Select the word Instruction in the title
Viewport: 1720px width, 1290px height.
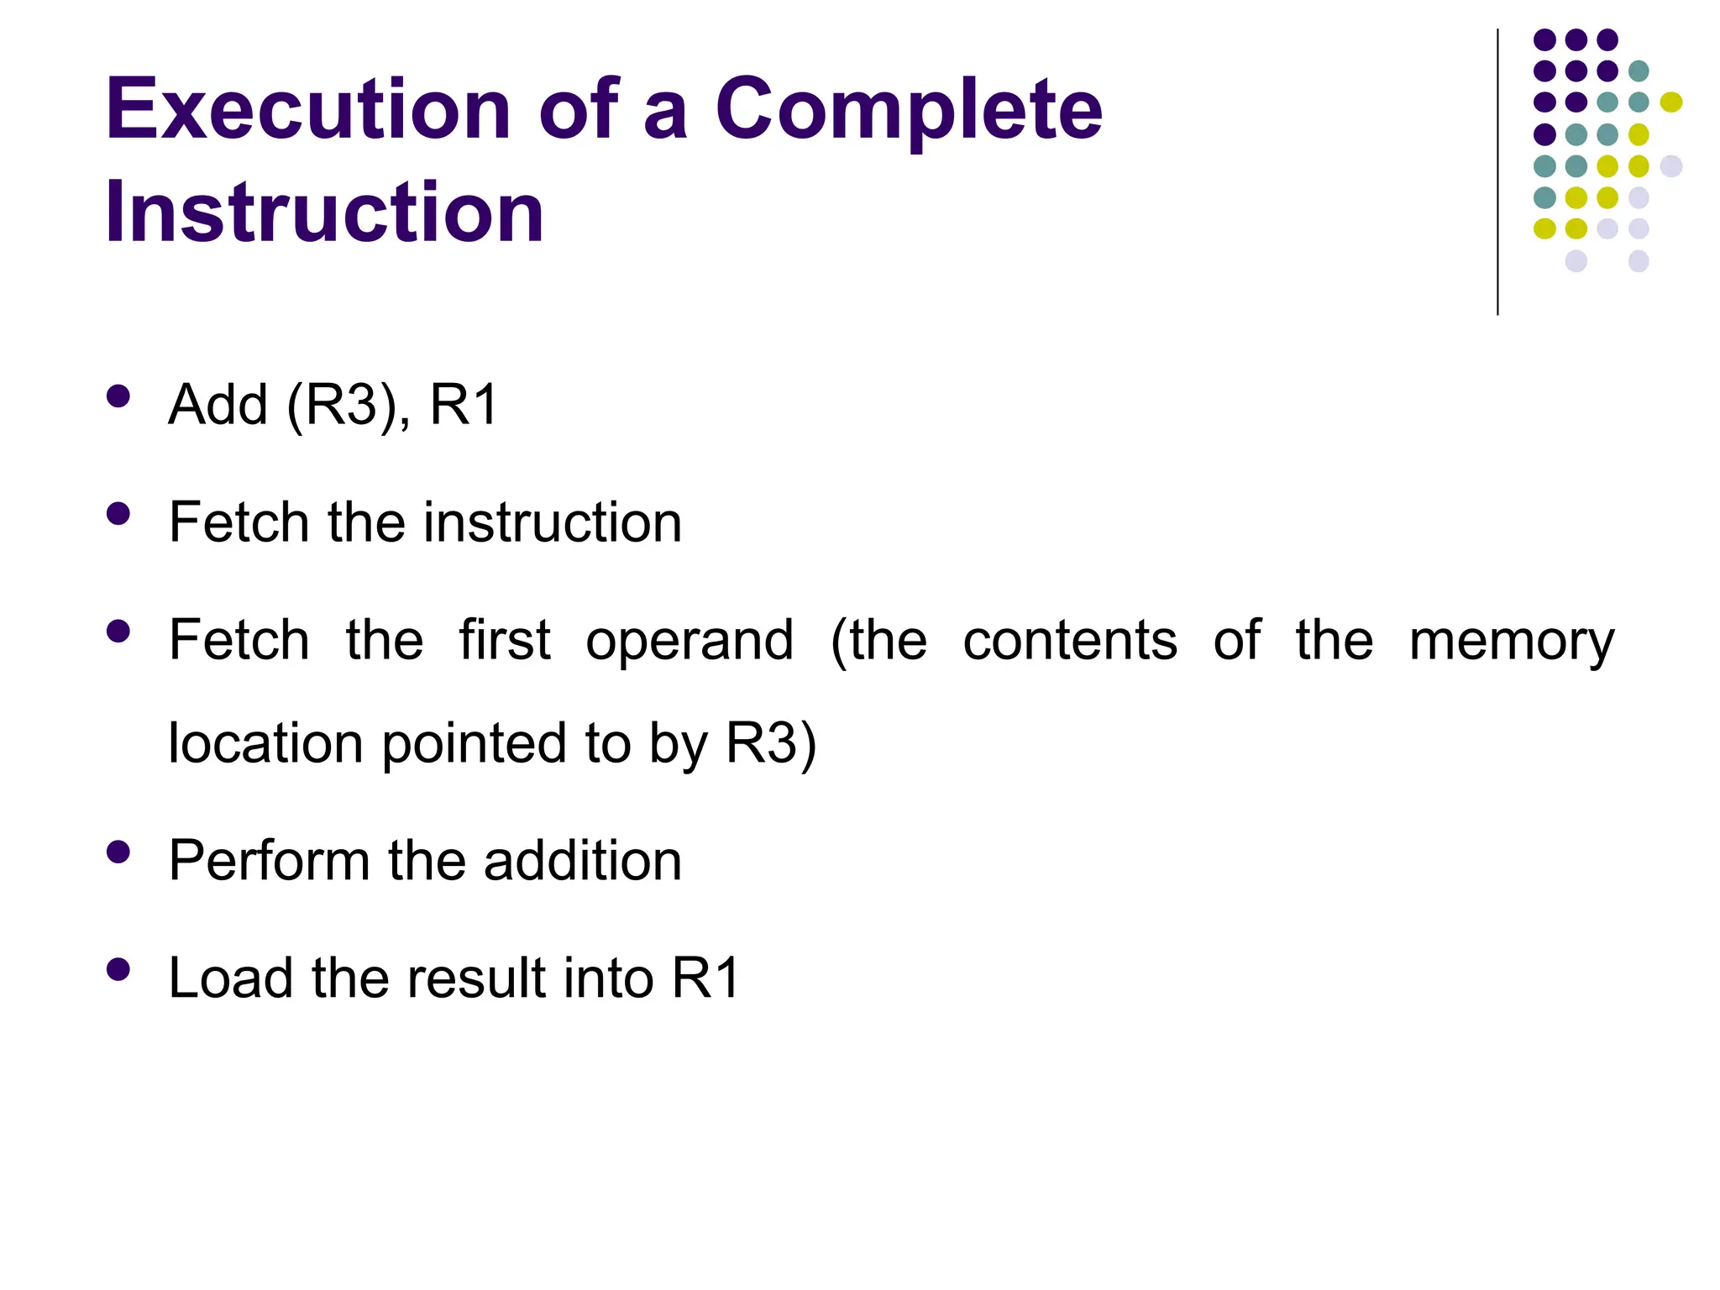point(324,212)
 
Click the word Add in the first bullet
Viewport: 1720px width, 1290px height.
point(218,405)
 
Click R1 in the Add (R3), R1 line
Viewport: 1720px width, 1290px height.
point(464,405)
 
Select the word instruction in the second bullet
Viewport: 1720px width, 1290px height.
point(553,522)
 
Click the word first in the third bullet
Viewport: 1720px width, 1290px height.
point(505,640)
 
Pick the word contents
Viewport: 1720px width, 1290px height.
point(1070,641)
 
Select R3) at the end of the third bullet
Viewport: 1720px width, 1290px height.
point(771,744)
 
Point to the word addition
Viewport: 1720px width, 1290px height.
point(583,861)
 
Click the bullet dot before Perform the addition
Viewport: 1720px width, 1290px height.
point(118,852)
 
